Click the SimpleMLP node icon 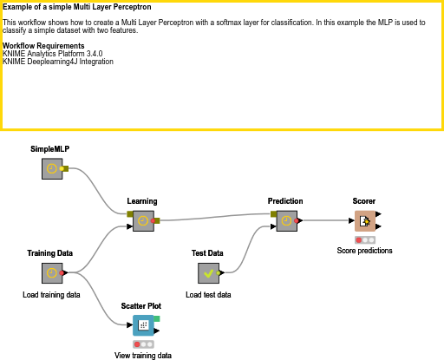point(53,168)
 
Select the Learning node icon point(142,220)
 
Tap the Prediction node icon point(286,220)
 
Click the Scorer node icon point(364,220)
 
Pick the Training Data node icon point(52,273)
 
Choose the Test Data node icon point(208,273)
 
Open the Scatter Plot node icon point(143,325)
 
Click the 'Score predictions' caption point(364,251)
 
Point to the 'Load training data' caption point(51,295)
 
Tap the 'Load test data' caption point(208,295)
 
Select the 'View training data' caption point(143,356)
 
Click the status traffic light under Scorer point(364,239)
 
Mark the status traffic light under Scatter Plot point(143,344)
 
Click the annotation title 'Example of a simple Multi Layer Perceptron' point(77,7)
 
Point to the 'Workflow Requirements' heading point(43,45)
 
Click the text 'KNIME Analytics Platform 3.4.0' point(52,54)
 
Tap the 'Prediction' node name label point(285,201)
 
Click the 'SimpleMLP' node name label point(49,149)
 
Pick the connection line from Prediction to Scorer point(325,220)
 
